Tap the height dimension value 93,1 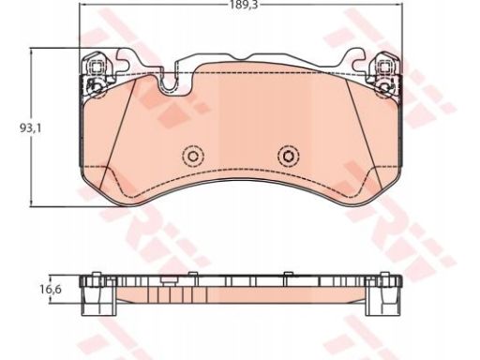(30, 128)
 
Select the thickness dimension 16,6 (51, 290)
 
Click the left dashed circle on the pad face (193, 156)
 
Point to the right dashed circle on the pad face (288, 156)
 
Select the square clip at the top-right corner (384, 67)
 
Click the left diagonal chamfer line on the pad (117, 134)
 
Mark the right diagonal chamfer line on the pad (364, 134)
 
